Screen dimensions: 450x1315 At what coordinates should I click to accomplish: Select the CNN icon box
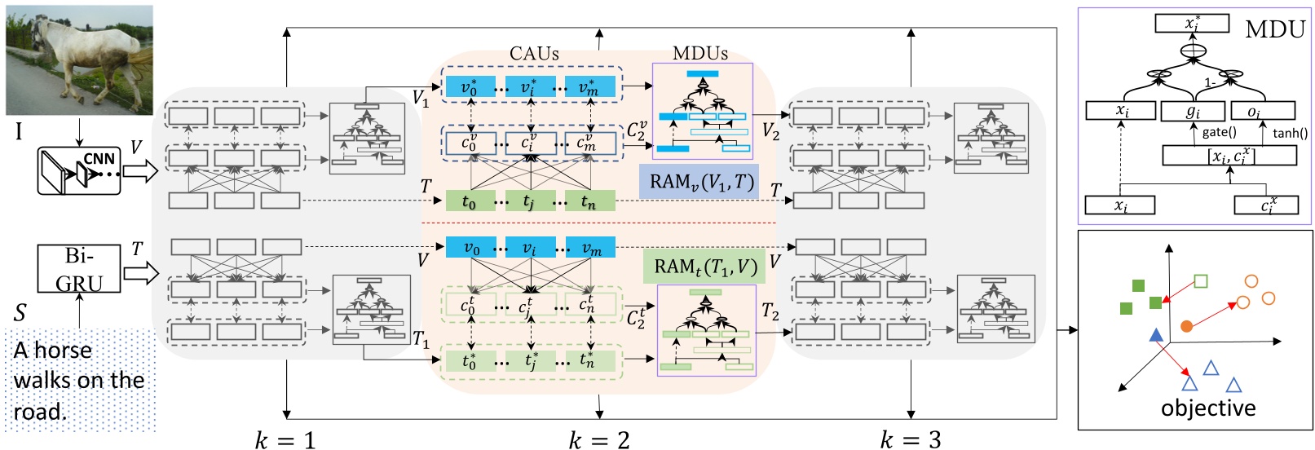click(x=79, y=171)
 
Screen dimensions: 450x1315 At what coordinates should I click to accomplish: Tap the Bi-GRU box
click(x=79, y=269)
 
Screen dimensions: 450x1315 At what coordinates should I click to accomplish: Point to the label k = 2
click(x=599, y=440)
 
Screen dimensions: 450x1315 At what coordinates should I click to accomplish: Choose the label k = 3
click(x=911, y=440)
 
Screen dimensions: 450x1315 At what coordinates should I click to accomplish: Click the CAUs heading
click(x=534, y=54)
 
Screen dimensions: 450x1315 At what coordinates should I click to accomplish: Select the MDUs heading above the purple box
click(x=700, y=54)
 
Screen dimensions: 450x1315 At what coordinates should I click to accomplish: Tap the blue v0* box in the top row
click(x=469, y=87)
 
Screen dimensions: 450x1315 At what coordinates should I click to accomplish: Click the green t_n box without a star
click(x=589, y=201)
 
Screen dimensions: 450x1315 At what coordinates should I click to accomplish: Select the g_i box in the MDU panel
click(x=1193, y=110)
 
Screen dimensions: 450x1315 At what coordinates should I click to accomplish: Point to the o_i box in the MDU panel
click(x=1260, y=110)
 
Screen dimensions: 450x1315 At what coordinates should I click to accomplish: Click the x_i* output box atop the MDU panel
click(x=1192, y=23)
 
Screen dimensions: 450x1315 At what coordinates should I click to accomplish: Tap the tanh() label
click(x=1290, y=133)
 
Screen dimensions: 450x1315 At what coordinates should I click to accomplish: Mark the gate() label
click(x=1219, y=132)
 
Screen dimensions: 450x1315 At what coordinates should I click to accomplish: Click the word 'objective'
click(x=1208, y=408)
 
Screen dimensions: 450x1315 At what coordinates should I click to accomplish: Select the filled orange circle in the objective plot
click(x=1187, y=326)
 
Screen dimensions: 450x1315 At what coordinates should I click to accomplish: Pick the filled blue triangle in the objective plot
click(x=1155, y=335)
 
